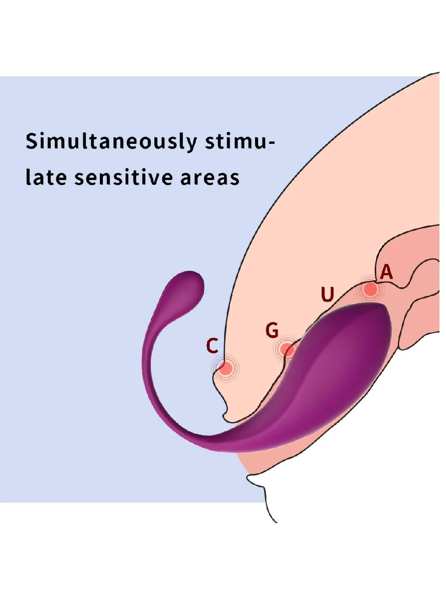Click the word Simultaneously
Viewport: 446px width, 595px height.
click(x=111, y=142)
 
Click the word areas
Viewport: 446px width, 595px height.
click(x=210, y=178)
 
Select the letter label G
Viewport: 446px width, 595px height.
click(x=272, y=330)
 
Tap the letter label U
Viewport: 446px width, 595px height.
click(x=327, y=295)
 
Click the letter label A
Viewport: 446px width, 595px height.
click(x=386, y=272)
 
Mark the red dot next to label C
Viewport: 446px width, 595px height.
click(x=225, y=368)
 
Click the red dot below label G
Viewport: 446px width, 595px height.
click(x=287, y=350)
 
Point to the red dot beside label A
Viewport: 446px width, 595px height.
click(x=370, y=289)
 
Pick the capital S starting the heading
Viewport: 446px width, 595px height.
click(x=31, y=141)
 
